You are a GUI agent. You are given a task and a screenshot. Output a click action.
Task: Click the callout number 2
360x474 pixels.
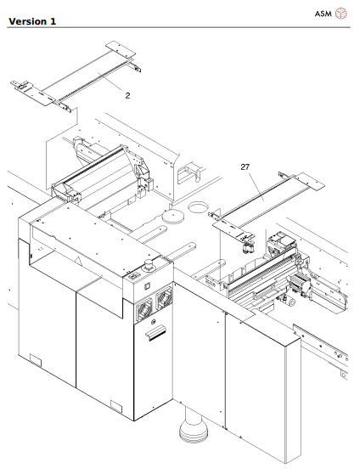128,96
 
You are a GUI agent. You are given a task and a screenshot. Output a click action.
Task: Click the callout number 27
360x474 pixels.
245,168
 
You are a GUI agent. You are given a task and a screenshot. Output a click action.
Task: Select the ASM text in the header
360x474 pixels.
323,14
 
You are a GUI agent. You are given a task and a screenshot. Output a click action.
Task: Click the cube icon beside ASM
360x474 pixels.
341,14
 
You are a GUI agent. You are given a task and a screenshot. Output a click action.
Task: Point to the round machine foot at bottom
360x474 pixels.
194,432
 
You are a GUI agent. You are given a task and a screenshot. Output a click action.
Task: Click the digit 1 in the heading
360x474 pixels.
53,20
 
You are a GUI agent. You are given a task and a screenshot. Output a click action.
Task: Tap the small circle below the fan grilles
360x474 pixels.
154,322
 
